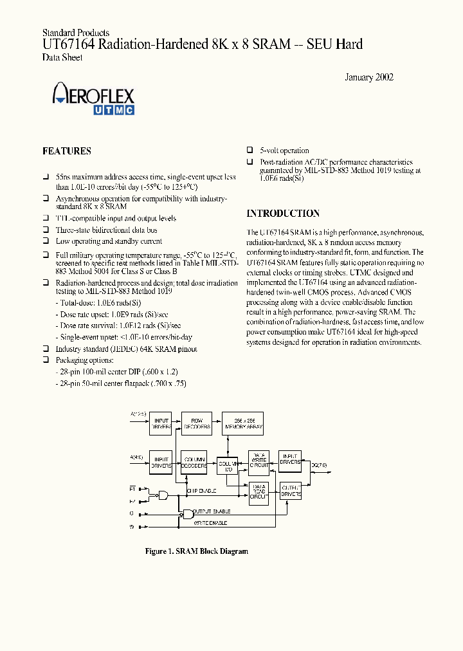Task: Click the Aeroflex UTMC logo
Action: (93, 101)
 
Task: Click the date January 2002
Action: (369, 77)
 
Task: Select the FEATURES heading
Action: (66, 151)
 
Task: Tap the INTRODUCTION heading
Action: (283, 214)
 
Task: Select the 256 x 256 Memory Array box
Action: (242, 423)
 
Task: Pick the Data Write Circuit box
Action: (259, 461)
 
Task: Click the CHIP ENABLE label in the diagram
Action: (201, 491)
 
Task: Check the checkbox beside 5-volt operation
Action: (250, 151)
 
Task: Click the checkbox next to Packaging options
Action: (46, 360)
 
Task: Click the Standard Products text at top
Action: (75, 32)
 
